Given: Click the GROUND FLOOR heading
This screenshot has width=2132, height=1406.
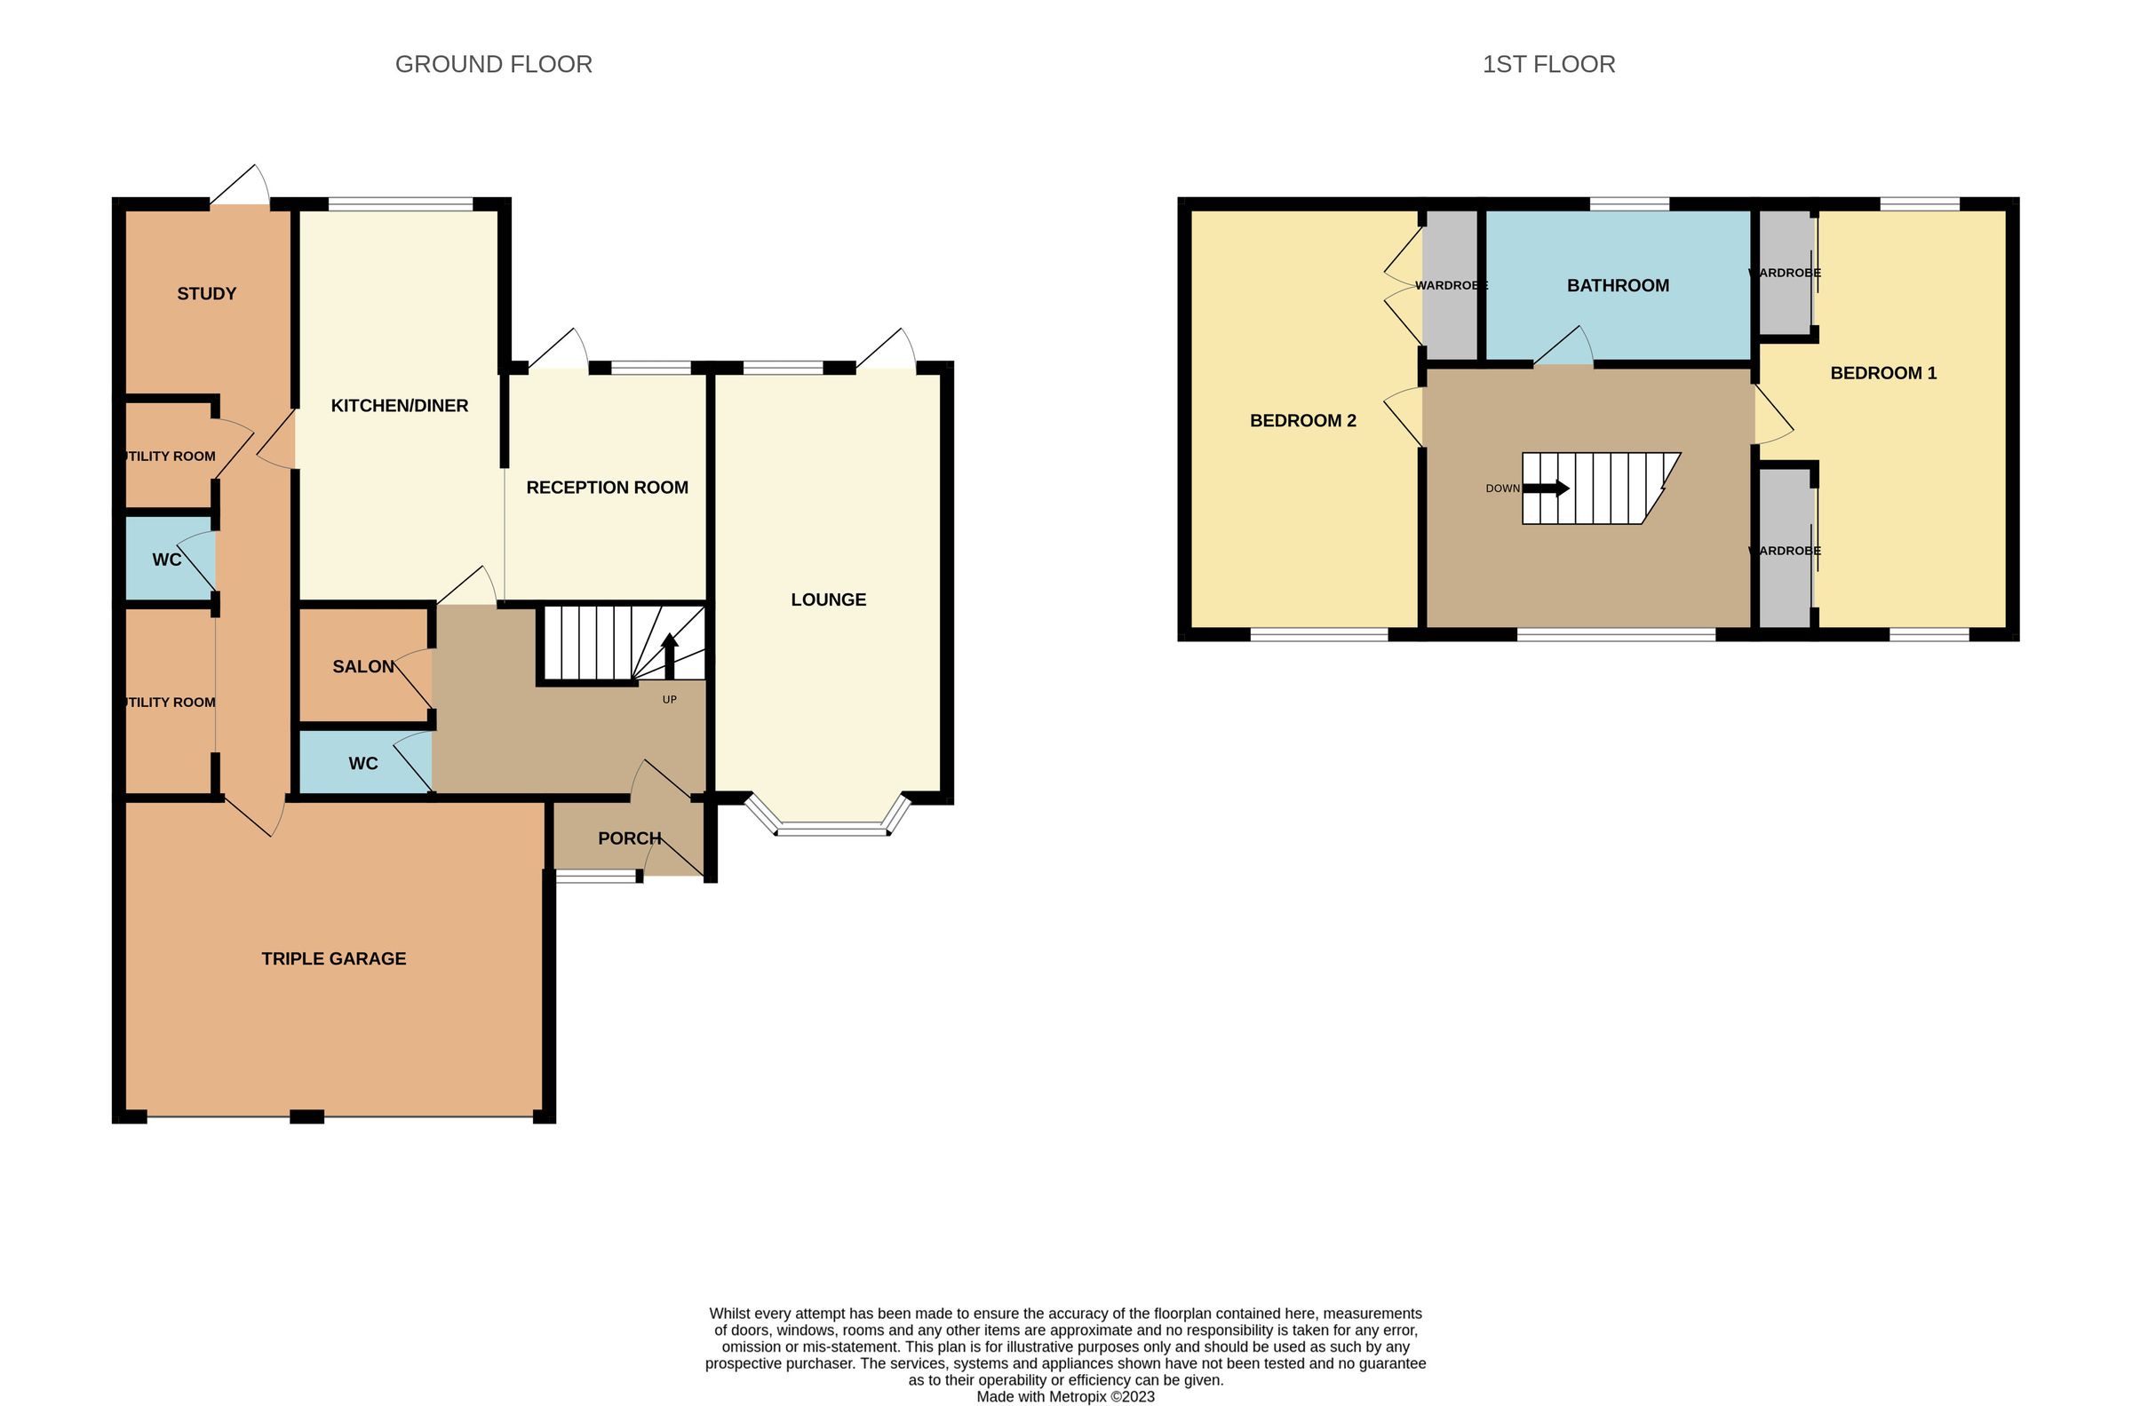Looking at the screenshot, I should tap(493, 65).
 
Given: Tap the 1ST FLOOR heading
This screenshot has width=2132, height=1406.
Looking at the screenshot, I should tap(1548, 65).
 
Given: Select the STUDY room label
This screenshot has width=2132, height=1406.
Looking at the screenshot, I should tap(206, 294).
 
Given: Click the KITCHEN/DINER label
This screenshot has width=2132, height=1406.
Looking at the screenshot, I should tap(399, 406).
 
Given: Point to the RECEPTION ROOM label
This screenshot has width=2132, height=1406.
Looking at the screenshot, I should tap(607, 488).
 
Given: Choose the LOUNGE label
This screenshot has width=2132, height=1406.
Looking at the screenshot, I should tap(828, 600).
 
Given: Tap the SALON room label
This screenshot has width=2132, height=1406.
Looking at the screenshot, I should tap(363, 667).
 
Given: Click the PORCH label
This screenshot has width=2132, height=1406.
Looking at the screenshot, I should tap(629, 838).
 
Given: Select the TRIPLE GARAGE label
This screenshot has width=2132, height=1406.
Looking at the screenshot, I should tap(333, 958).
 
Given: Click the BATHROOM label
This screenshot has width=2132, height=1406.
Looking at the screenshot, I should tap(1618, 286).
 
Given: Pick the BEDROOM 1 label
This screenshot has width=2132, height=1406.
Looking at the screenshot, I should tap(1882, 373).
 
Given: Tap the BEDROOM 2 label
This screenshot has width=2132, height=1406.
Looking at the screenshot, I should tap(1302, 420).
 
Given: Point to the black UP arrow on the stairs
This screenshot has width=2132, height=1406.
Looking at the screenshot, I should tap(670, 655).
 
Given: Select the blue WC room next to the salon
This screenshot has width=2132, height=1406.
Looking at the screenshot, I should tap(363, 763).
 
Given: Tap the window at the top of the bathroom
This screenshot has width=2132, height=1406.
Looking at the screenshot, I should tap(1629, 204).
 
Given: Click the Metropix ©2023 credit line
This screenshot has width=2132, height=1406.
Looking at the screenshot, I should tap(1065, 1397).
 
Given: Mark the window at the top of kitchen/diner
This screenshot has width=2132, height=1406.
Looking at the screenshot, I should tap(400, 204).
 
